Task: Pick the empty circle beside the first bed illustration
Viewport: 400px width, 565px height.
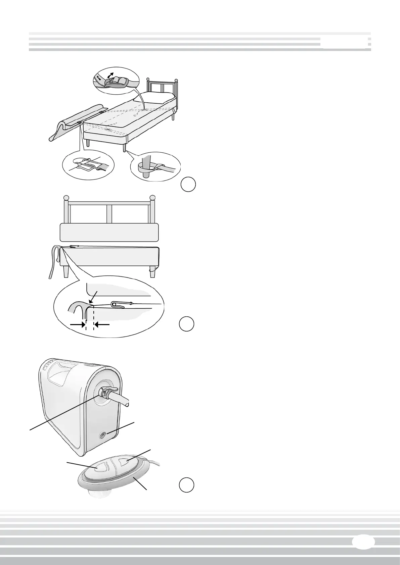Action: [188, 185]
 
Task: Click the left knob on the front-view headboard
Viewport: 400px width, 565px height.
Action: [66, 198]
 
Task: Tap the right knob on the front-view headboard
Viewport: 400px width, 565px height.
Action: [153, 198]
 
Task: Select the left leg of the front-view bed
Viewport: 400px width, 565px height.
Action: [66, 271]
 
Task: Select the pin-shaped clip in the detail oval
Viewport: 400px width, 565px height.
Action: [123, 305]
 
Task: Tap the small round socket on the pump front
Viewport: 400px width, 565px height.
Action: [101, 435]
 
